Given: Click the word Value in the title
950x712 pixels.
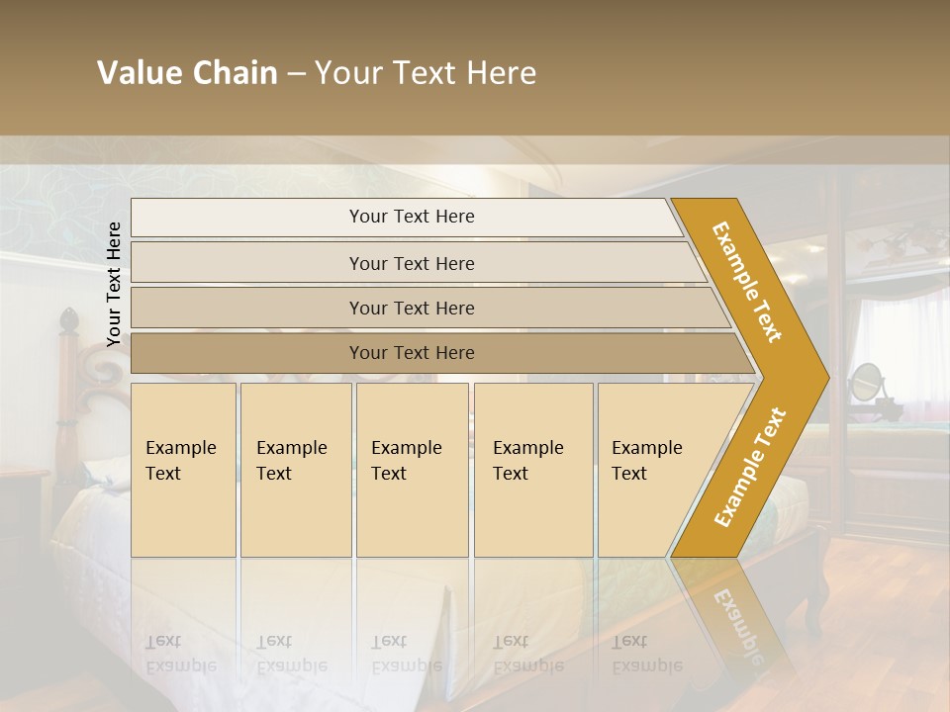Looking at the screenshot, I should coord(140,73).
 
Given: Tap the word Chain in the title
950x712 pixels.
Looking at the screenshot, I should coord(236,73).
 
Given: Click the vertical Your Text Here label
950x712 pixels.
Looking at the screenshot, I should coord(114,284).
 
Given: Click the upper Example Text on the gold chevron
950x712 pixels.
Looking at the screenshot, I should coord(747,282).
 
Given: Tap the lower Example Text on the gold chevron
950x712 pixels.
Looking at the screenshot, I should coord(749,467).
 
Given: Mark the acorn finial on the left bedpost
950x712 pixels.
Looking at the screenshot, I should coord(68,319).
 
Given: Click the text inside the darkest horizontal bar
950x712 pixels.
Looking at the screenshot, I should coord(412,353).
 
